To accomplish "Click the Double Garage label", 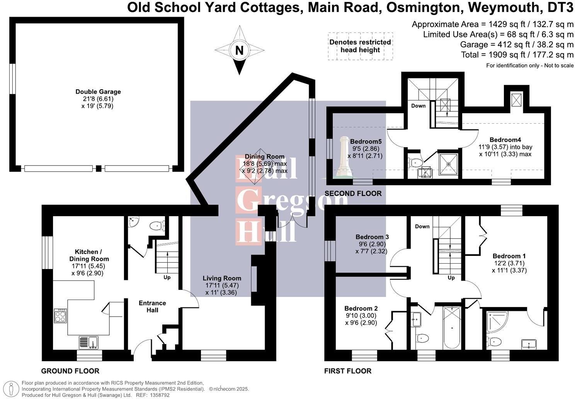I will (x=98, y=92).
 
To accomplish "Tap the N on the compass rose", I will (x=240, y=50).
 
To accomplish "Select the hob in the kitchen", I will (x=60, y=316).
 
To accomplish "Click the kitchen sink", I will (x=88, y=342).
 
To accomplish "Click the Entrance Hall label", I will (x=152, y=307).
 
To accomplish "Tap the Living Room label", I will (x=222, y=278).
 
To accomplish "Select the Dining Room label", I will (x=265, y=157).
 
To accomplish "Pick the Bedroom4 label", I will (x=505, y=140).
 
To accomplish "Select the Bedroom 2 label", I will (x=361, y=309).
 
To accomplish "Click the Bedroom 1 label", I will (x=509, y=256).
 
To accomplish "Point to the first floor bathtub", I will (x=451, y=327).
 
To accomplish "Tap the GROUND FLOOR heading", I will (x=70, y=371).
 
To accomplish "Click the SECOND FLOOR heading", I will (x=353, y=193).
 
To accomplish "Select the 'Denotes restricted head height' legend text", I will (x=360, y=46).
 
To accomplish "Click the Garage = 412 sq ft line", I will (x=517, y=44).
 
